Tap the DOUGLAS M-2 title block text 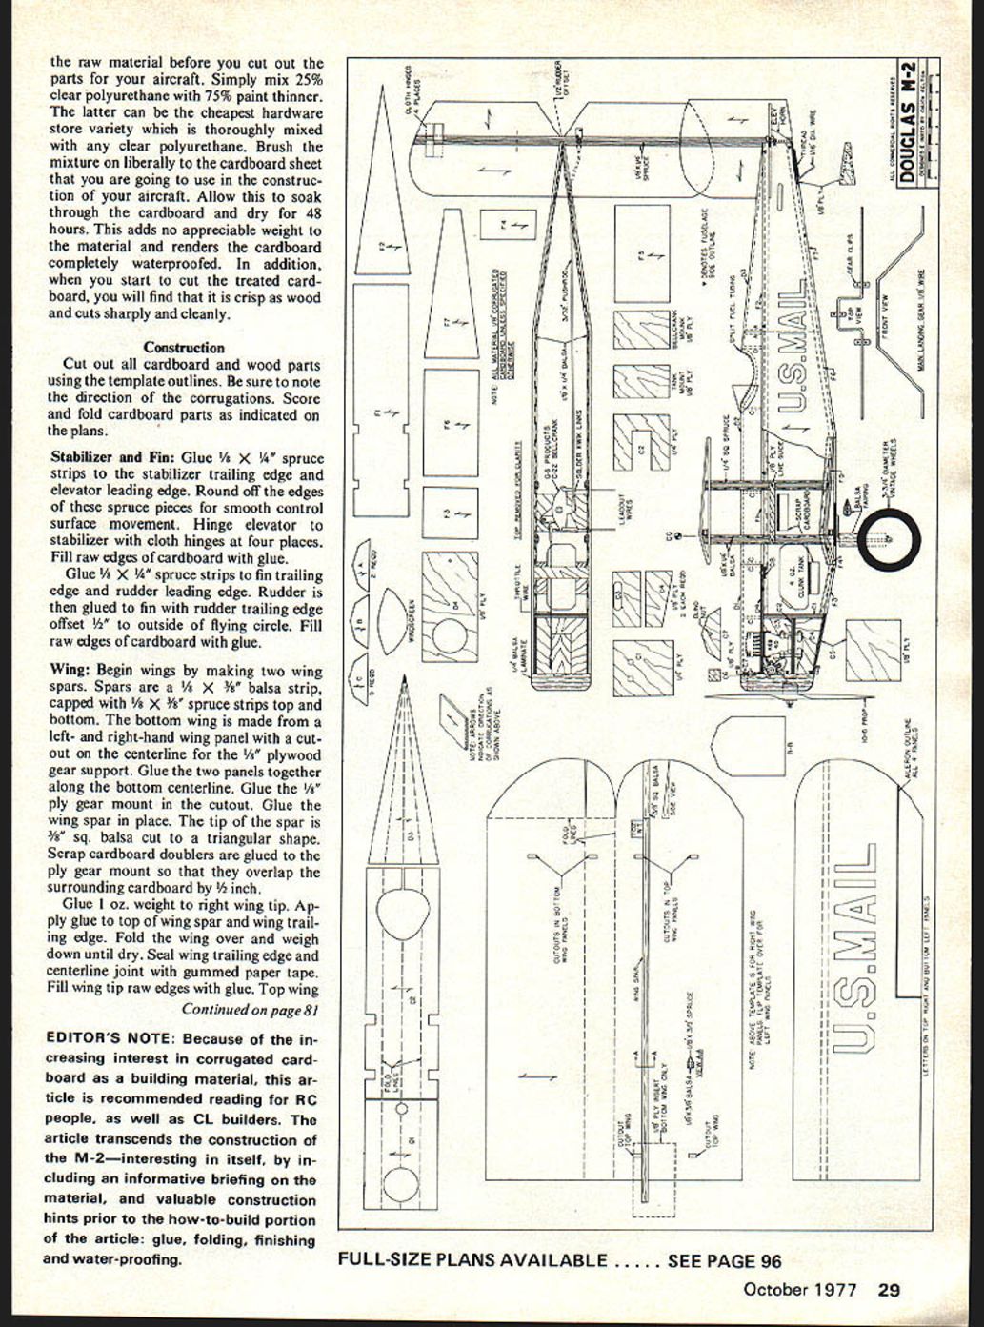click(908, 123)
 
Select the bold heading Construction click(184, 348)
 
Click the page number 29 click(888, 1290)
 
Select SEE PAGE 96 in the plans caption click(724, 1261)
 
